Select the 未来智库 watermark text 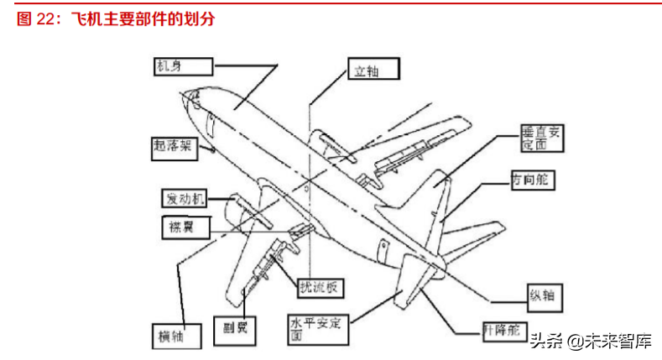coord(620,342)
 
